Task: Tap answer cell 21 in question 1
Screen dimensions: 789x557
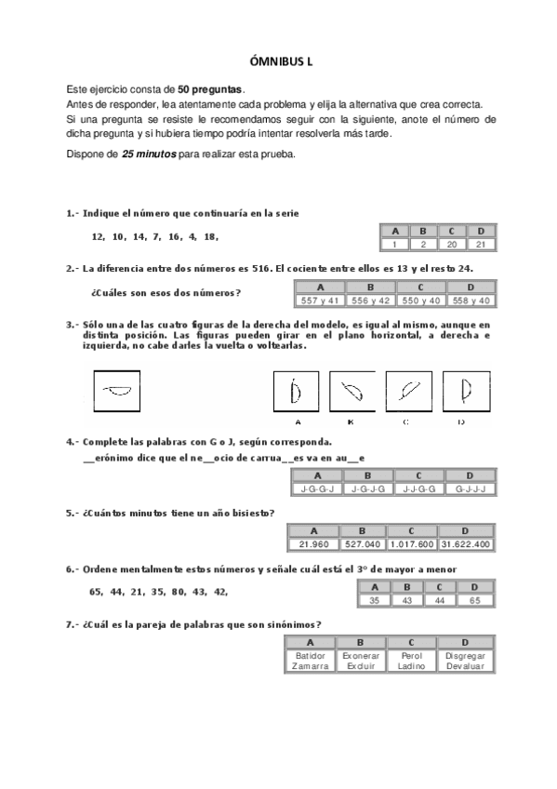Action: (x=481, y=244)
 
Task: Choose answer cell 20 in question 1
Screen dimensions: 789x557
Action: (x=452, y=244)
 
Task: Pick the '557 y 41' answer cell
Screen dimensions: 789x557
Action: (x=319, y=301)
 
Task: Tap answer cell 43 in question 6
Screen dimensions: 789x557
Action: (x=404, y=600)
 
